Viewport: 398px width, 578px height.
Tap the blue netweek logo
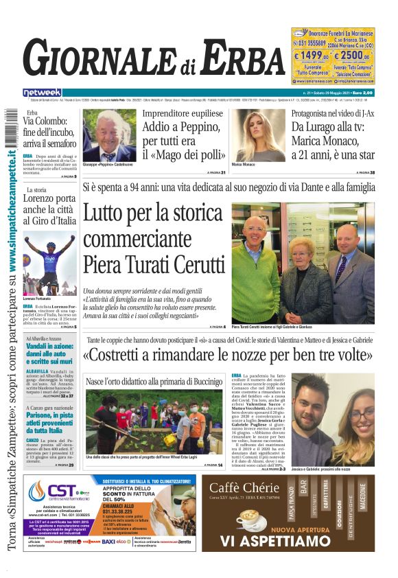(x=42, y=93)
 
